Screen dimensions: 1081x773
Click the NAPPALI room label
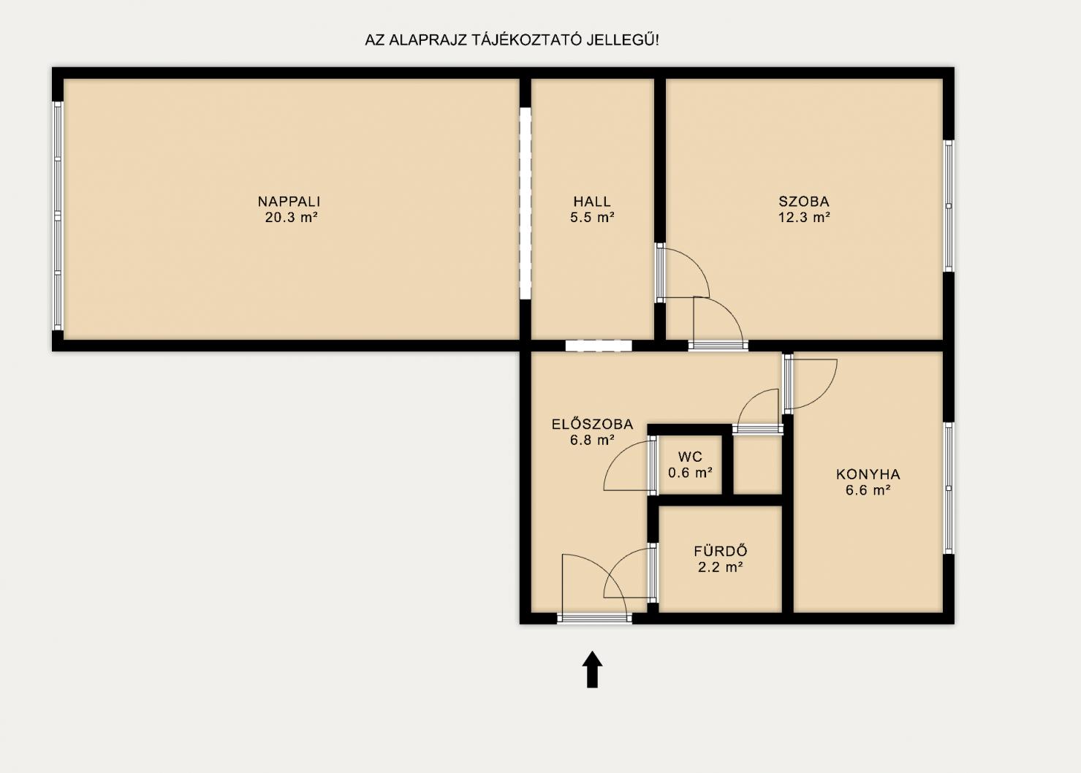tap(289, 201)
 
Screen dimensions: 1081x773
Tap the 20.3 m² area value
tap(292, 217)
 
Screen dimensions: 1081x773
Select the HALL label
tap(592, 201)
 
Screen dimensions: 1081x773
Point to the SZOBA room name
tap(804, 201)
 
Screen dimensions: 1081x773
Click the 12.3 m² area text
tap(804, 217)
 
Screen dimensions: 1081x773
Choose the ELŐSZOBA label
tap(592, 424)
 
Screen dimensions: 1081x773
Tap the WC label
tap(690, 457)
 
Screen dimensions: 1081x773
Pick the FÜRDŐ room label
tap(721, 551)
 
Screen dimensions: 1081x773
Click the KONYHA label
tap(868, 474)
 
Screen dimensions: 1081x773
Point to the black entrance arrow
tap(592, 669)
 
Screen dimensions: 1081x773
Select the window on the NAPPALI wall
tap(58, 216)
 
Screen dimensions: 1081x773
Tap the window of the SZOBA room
tap(948, 206)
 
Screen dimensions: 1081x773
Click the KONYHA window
tap(948, 488)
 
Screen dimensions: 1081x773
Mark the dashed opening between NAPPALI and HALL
tap(525, 203)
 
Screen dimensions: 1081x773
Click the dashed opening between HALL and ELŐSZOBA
tap(599, 346)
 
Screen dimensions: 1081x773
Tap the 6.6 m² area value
tap(868, 490)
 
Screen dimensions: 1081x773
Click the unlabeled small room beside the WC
tap(757, 465)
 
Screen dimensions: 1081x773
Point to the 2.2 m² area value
tap(721, 567)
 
